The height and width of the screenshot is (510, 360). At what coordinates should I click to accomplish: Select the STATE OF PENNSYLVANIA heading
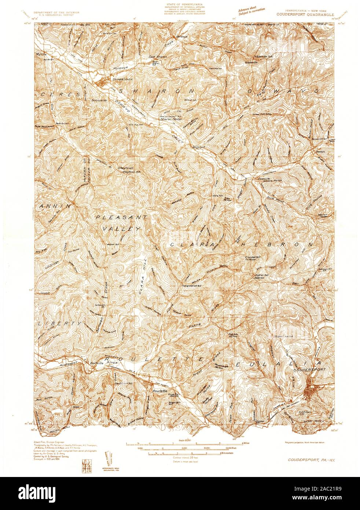(x=180, y=4)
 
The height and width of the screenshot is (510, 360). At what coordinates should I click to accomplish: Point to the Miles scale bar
(x=182, y=444)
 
